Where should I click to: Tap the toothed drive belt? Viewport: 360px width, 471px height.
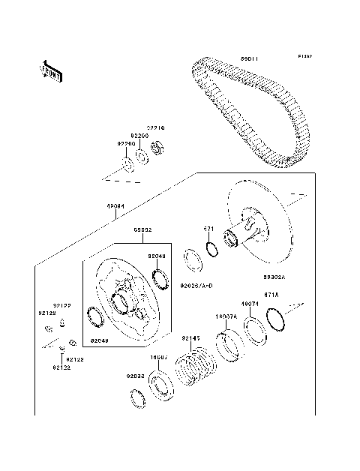click(x=255, y=112)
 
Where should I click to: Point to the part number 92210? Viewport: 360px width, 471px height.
click(x=155, y=128)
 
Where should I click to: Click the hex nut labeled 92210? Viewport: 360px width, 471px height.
click(x=157, y=149)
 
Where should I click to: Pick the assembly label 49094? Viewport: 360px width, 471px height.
click(x=115, y=205)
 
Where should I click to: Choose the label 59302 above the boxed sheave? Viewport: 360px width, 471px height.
click(x=142, y=229)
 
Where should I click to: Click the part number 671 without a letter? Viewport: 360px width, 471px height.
click(x=211, y=231)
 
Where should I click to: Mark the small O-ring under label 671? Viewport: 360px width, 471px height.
click(x=211, y=249)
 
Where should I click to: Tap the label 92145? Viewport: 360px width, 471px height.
click(x=193, y=338)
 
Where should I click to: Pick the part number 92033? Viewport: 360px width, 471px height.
click(x=135, y=375)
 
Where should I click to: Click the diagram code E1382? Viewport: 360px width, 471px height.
click(x=304, y=56)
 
